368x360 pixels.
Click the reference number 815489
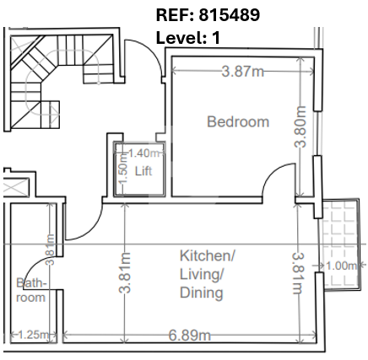point(230,14)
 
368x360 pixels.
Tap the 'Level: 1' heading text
point(188,37)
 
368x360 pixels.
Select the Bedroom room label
point(238,121)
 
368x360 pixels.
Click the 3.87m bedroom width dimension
point(243,72)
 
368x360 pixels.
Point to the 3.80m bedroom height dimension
point(300,126)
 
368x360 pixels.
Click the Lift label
point(143,171)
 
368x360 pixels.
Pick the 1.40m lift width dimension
point(143,153)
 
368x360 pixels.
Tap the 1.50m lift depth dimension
point(124,170)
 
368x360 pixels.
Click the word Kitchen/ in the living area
point(207,255)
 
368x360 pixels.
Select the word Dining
point(202,293)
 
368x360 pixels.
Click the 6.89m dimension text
point(189,336)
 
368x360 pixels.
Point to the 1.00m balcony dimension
point(341,266)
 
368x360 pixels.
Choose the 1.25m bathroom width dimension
point(33,335)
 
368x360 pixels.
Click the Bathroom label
point(31,290)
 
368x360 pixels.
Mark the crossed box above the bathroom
point(16,187)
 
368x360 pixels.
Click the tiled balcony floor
point(340,244)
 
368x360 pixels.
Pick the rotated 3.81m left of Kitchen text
point(125,272)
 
